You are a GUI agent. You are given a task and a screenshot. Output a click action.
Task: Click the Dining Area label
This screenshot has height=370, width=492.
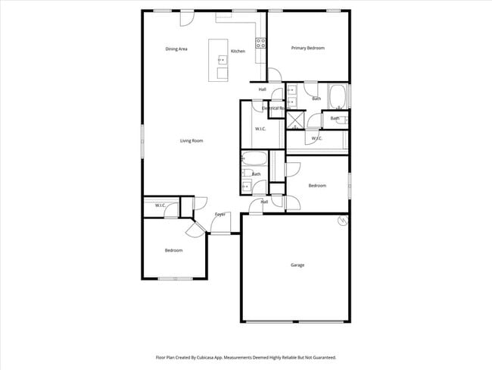click(176, 49)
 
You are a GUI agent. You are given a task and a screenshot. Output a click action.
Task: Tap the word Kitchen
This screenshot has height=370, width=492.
click(238, 51)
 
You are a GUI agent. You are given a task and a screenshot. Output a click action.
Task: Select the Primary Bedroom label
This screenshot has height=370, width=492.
click(308, 48)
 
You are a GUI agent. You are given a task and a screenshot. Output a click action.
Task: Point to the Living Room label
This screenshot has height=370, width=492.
click(192, 140)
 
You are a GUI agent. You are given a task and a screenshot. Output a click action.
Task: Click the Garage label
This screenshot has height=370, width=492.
click(297, 265)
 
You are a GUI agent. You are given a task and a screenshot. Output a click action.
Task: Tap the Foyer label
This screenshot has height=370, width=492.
click(220, 215)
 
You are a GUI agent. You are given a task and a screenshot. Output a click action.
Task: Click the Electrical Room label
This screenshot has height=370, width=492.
click(276, 108)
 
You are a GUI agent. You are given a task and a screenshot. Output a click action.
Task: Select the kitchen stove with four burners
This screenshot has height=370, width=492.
click(261, 43)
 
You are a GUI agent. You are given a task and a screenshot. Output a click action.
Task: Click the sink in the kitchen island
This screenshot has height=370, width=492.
click(223, 59)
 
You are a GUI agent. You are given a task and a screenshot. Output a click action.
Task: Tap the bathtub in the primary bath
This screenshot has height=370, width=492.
click(338, 96)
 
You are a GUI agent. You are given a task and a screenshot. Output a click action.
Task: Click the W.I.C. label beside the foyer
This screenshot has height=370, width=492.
click(160, 205)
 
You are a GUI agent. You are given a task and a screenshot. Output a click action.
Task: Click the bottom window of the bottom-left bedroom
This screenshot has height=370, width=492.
click(174, 279)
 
